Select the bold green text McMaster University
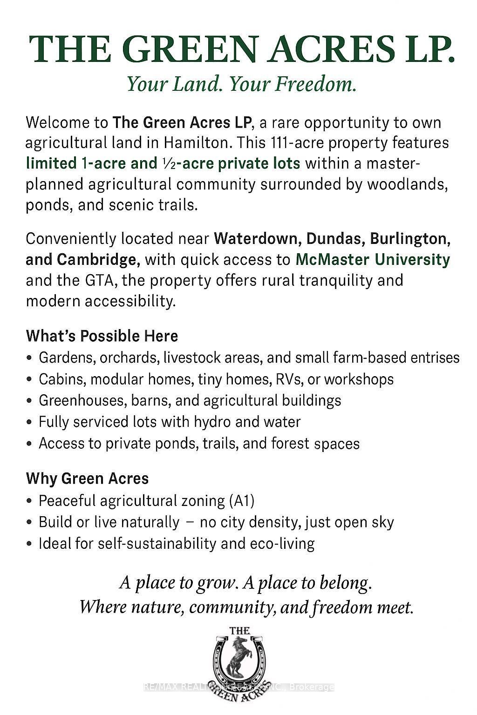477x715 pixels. point(373,259)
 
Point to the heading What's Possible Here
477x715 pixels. point(102,336)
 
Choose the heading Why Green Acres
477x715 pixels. point(87,479)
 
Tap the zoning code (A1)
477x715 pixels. point(242,501)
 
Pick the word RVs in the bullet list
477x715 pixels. point(287,379)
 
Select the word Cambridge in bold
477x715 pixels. point(98,259)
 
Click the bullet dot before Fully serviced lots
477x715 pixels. point(29,422)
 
